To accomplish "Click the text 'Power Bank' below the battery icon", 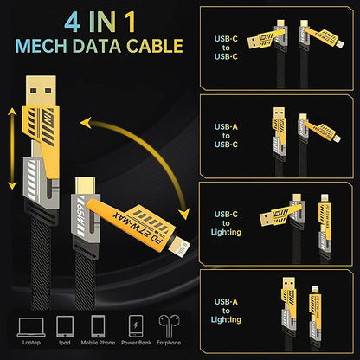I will [133, 344].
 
